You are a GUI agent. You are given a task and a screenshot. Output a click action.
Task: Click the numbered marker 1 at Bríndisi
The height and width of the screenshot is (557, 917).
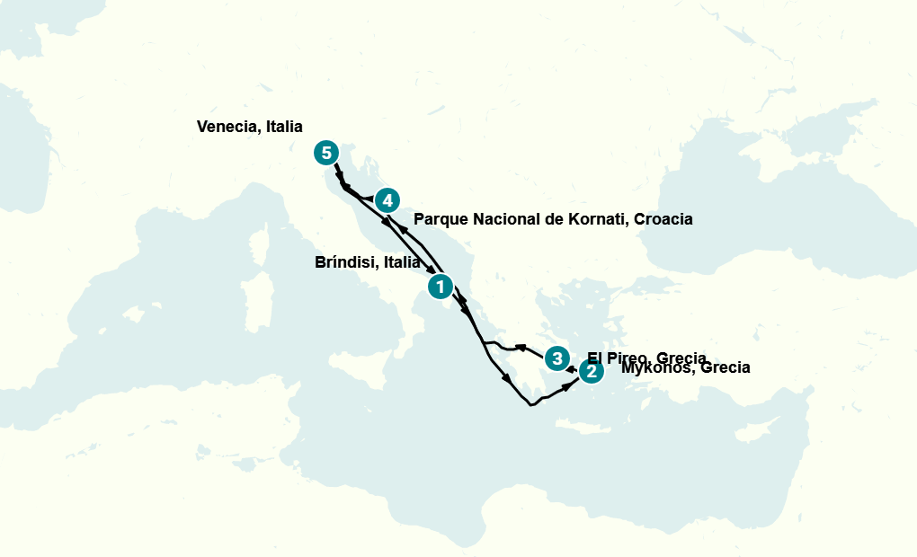440,287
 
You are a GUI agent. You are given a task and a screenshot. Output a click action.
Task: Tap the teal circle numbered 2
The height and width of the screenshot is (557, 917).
591,371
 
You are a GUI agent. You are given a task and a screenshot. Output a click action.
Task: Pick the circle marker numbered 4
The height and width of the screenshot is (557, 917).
387,200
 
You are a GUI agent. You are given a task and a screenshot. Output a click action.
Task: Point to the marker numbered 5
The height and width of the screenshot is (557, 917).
326,153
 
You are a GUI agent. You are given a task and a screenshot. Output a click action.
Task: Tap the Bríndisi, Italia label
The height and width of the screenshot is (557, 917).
367,263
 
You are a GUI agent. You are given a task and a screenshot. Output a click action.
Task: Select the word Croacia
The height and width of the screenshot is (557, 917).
663,219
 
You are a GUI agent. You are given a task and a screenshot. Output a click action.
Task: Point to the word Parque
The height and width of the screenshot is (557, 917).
441,219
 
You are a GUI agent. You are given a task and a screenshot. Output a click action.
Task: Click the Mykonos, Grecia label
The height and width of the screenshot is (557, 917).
685,367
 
